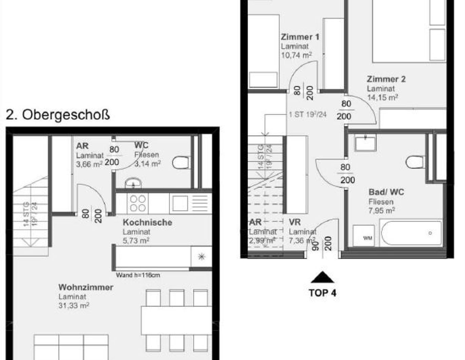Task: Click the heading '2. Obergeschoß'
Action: click(58, 115)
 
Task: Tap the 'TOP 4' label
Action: click(322, 293)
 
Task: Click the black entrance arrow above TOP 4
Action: click(322, 278)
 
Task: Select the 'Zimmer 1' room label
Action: click(300, 37)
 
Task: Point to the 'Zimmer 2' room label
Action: click(386, 79)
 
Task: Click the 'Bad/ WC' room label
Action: click(386, 192)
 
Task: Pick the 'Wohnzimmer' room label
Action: click(86, 287)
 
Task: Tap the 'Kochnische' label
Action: click(147, 222)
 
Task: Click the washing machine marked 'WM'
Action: click(364, 235)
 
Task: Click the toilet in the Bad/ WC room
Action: click(415, 162)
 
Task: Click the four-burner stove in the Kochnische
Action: click(138, 203)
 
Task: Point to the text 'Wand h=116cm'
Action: click(138, 275)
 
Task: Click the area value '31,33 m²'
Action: click(74, 306)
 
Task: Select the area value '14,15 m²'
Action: click(382, 97)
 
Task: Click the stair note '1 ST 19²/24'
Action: click(308, 114)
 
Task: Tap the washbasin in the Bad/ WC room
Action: click(365, 143)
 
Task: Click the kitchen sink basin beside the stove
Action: click(180, 203)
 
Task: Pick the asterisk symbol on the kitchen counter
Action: click(201, 256)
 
